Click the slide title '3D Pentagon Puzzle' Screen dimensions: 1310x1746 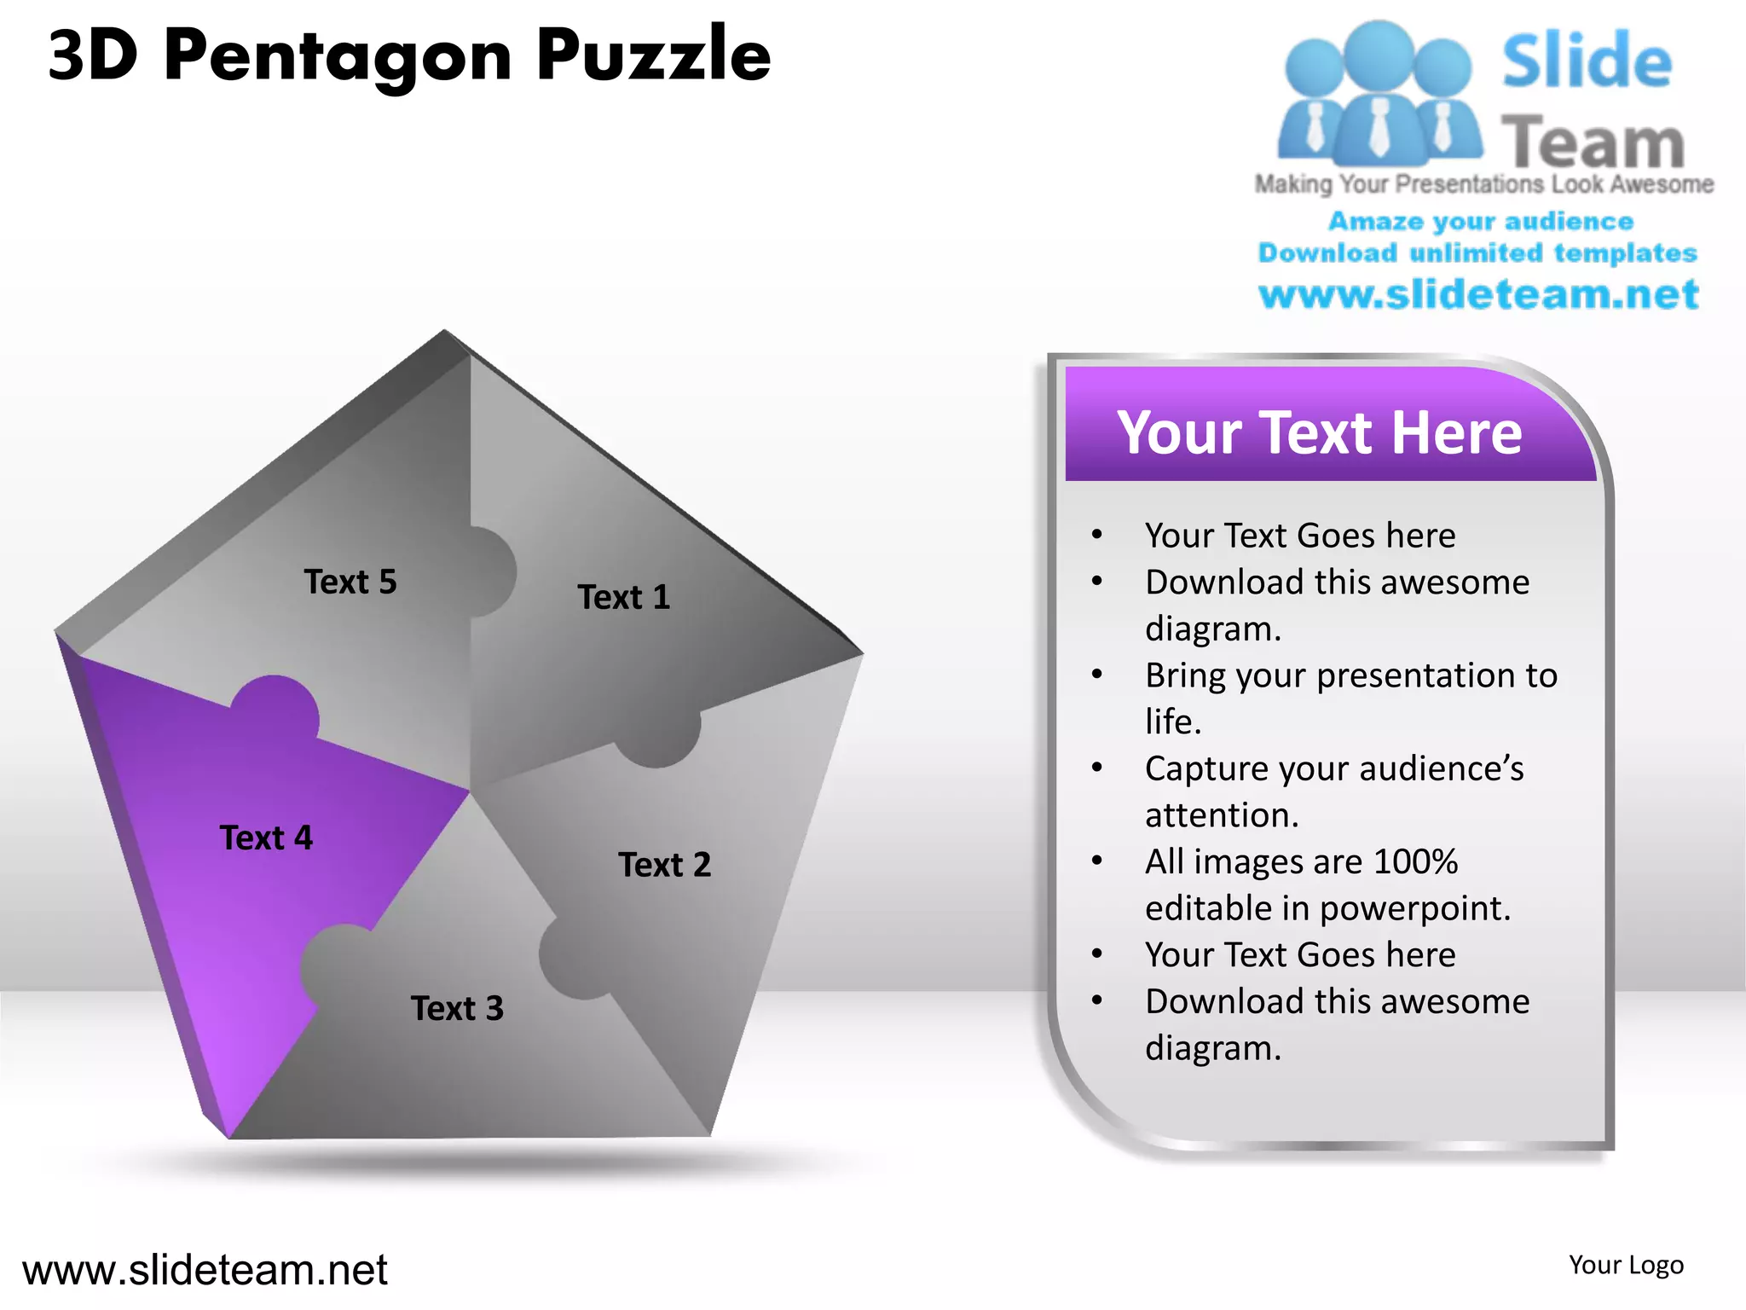point(409,55)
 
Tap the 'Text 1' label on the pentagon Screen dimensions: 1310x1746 point(624,597)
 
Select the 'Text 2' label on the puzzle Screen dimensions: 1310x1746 point(664,865)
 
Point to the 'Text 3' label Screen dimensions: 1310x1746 point(457,1008)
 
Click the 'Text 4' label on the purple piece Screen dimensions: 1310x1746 point(266,838)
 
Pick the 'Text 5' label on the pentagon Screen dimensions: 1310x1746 point(350,582)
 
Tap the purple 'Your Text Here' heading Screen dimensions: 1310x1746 point(1319,432)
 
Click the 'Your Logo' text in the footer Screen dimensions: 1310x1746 point(1626,1265)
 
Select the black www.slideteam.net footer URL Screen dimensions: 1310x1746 point(205,1270)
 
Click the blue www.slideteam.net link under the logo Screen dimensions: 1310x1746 point(1478,294)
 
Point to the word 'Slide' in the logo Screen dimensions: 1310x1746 point(1587,61)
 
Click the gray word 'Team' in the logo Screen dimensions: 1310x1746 point(1592,142)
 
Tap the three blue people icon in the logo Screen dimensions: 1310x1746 point(1379,94)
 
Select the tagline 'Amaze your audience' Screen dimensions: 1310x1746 point(1481,221)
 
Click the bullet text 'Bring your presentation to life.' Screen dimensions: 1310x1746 point(1350,698)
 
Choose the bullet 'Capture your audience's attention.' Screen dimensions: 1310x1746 point(1333,791)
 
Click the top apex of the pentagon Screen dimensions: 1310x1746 point(444,333)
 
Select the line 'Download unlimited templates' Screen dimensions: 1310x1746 point(1477,252)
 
